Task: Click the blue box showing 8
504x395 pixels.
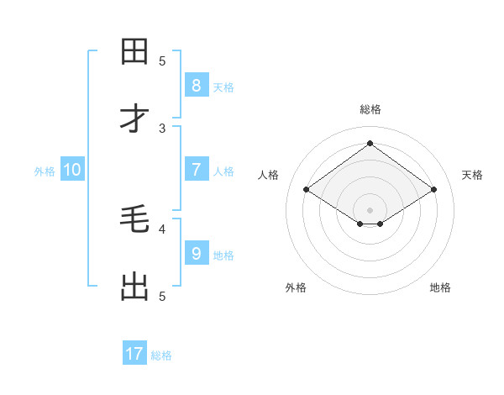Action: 197,86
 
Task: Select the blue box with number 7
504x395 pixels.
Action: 197,170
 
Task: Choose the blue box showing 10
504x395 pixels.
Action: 72,170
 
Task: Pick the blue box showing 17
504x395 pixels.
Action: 134,355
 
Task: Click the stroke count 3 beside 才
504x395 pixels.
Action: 163,128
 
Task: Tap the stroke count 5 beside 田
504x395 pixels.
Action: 163,61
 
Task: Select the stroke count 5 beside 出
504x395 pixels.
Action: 163,296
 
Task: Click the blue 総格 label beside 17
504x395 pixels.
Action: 161,355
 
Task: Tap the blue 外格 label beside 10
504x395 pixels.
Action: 45,171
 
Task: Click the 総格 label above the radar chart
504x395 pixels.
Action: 370,109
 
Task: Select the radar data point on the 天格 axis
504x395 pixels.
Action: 433,189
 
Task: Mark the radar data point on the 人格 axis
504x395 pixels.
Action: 307,189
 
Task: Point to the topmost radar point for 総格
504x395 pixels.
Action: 370,143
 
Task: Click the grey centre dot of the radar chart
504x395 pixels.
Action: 370,209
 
